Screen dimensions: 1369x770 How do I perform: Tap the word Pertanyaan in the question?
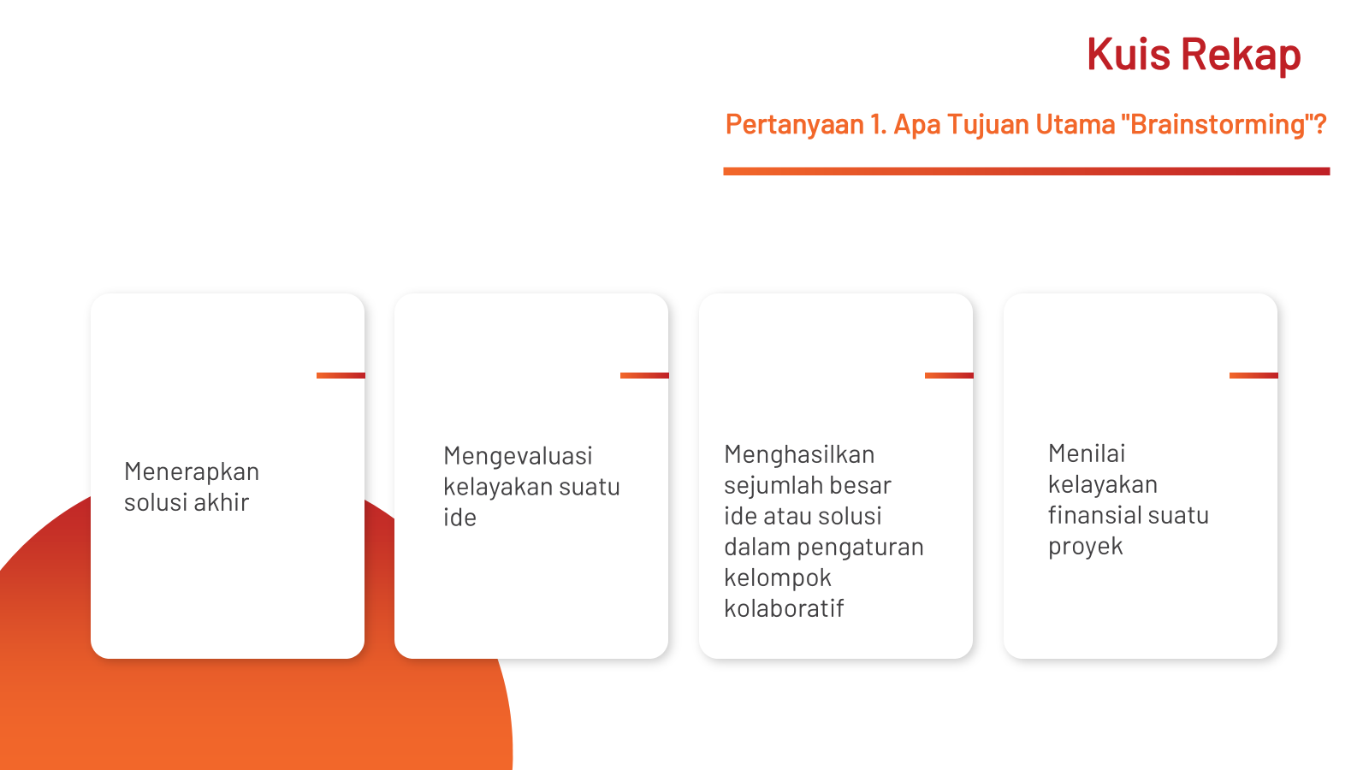click(x=795, y=125)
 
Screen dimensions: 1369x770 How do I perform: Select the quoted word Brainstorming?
click(x=1218, y=125)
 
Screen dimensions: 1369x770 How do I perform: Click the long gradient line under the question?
click(x=1027, y=171)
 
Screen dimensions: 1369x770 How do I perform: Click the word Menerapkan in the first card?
click(x=192, y=471)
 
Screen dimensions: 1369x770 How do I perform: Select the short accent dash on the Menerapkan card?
click(x=341, y=376)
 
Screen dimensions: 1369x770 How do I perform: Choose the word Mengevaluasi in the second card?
click(x=518, y=456)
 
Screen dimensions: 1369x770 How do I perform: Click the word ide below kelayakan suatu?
click(x=459, y=517)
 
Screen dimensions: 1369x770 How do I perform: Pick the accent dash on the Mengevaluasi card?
click(x=644, y=376)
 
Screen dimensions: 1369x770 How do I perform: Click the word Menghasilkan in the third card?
click(x=799, y=454)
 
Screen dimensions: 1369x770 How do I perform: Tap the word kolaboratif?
click(x=784, y=608)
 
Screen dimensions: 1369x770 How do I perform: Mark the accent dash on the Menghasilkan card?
click(x=949, y=376)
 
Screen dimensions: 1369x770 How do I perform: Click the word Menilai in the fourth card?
click(x=1087, y=453)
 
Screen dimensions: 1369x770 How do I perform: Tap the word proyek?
click(x=1086, y=547)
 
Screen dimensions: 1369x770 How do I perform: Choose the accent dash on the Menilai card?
click(x=1253, y=376)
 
